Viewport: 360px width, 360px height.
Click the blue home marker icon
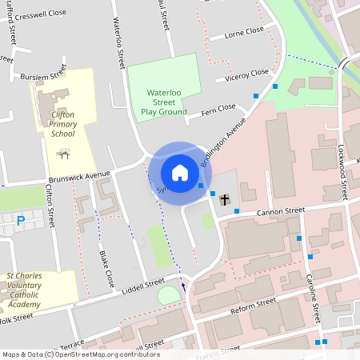[179, 173]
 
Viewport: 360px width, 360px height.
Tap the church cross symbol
[225, 199]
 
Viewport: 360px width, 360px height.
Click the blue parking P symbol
[21, 220]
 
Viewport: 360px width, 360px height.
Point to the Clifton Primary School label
[62, 124]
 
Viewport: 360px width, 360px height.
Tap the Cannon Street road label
[281, 211]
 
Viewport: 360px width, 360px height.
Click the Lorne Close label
[244, 31]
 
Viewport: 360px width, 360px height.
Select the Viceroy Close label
[248, 74]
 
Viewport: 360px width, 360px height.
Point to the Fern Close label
[218, 108]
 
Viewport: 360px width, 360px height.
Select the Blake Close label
[106, 269]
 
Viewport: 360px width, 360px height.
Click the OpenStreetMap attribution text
[80, 354]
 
